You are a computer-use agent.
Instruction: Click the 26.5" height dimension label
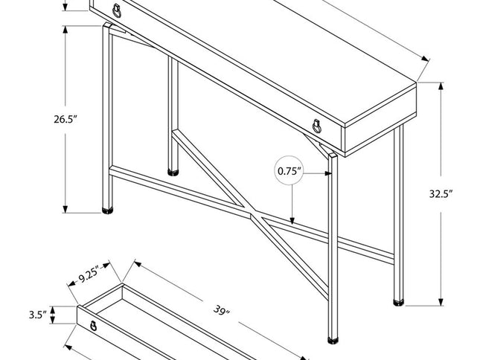coord(66,120)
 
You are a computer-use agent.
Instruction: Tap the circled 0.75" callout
coord(290,172)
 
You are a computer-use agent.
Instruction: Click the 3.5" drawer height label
coord(39,315)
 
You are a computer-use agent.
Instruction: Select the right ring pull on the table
coord(318,126)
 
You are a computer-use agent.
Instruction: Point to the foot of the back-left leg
coord(173,170)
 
